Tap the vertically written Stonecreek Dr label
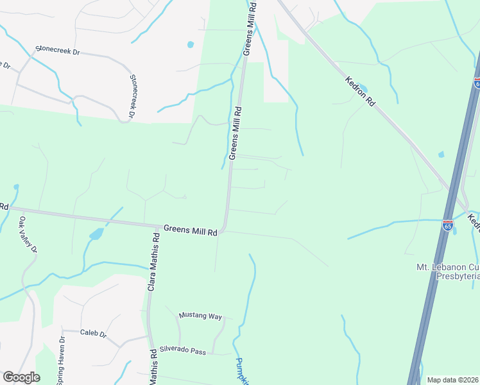pos(133,96)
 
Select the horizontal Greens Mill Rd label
pos(190,229)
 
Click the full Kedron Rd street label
pos(360,91)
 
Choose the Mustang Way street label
pos(200,316)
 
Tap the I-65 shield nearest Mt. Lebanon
pos(448,225)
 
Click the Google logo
pos(21,377)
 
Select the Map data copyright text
pos(452,380)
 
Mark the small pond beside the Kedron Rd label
pos(363,88)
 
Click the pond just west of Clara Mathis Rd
pos(96,234)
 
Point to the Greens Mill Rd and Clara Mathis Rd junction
pos(159,227)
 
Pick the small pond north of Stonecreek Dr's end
pos(190,45)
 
